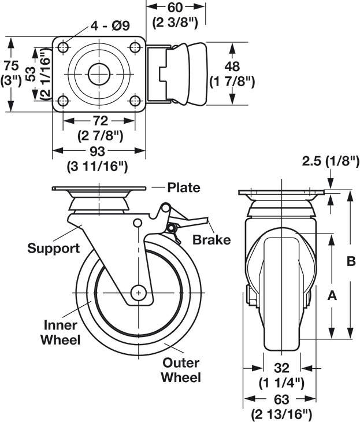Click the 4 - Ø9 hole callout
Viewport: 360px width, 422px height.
[x=110, y=26]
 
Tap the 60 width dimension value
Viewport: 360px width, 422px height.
[x=175, y=8]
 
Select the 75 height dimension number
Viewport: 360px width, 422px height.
[x=11, y=66]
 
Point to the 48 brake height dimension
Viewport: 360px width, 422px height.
[x=232, y=66]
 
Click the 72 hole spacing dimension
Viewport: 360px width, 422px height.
[x=100, y=121]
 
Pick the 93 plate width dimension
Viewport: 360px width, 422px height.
[x=97, y=151]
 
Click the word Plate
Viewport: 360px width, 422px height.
[x=184, y=187]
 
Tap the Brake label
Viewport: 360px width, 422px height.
[x=211, y=240]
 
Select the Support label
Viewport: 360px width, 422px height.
[x=54, y=249]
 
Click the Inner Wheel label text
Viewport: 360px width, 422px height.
[x=61, y=332]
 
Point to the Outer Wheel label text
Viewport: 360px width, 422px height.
[x=181, y=370]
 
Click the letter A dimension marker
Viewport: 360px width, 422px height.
[x=332, y=295]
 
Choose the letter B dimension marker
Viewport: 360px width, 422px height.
[x=351, y=261]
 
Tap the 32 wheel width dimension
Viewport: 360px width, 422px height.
[x=281, y=368]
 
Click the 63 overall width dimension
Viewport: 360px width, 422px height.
[x=281, y=399]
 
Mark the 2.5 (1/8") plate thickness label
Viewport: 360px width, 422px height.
[x=331, y=161]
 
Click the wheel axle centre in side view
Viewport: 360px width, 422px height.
[x=139, y=293]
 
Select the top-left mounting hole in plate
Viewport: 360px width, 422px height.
[x=63, y=47]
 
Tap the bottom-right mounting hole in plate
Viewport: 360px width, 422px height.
[x=135, y=101]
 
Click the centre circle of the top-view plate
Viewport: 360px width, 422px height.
[x=99, y=74]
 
